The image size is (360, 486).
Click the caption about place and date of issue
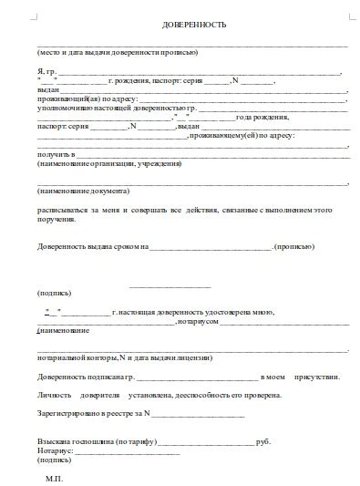[x=118, y=52]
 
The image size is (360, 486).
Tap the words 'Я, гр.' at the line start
[x=47, y=71]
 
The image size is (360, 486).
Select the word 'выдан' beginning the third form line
[x=47, y=90]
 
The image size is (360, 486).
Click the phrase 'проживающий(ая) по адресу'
[x=87, y=99]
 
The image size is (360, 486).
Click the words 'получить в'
[x=54, y=155]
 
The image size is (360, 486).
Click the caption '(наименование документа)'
[x=83, y=191]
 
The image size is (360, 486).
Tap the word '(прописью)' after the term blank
[x=295, y=247]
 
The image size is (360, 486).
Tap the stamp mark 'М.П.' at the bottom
[x=54, y=477]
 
